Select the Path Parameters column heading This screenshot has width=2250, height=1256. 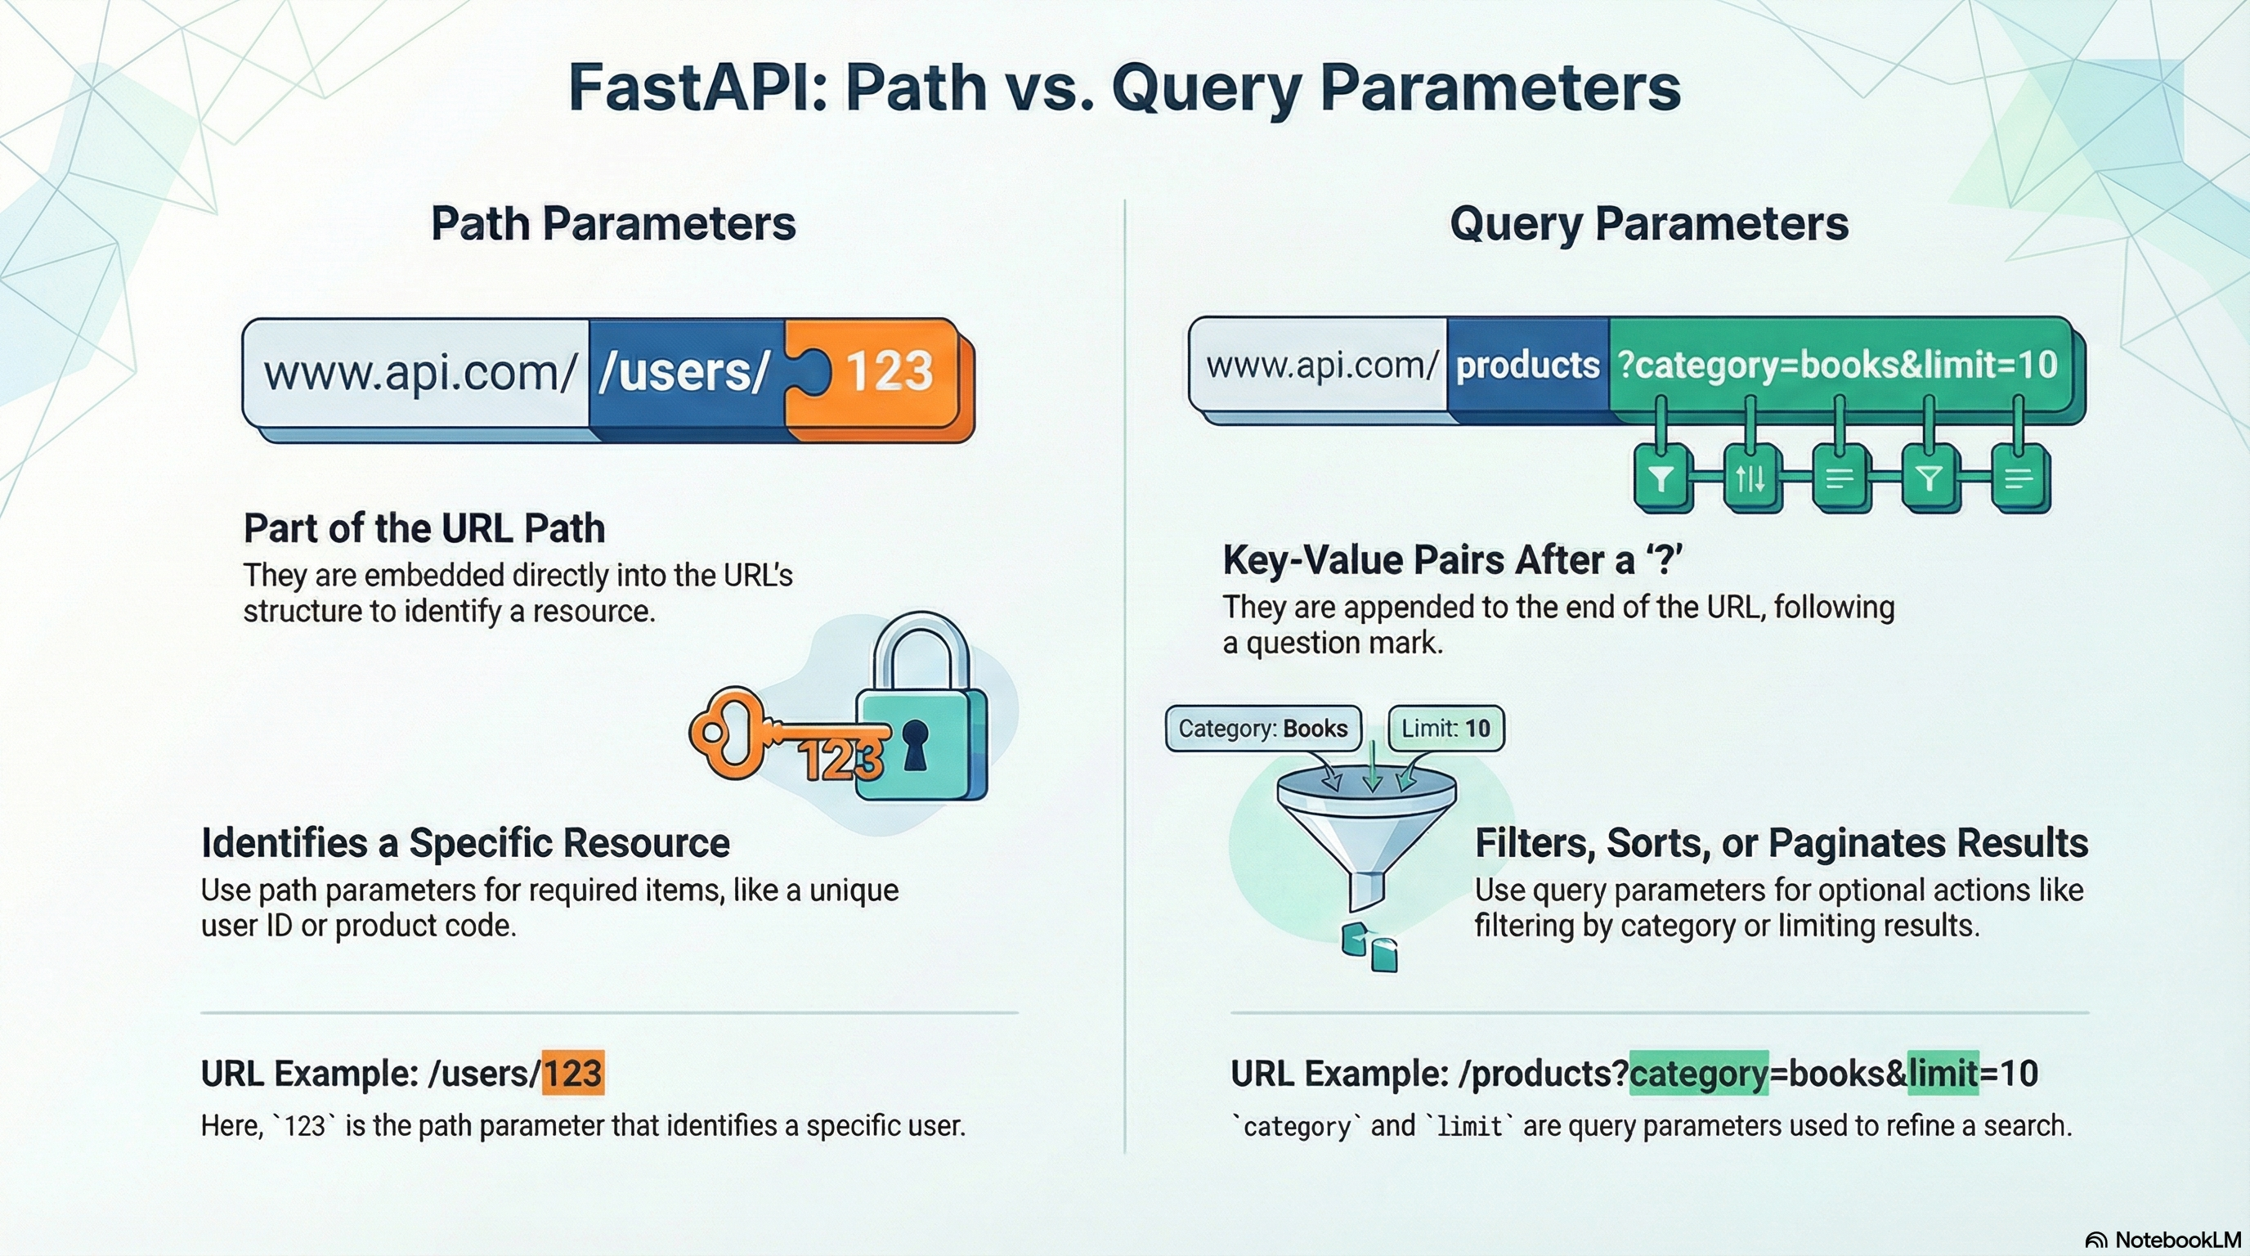(613, 223)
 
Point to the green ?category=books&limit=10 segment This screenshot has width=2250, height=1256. (1840, 364)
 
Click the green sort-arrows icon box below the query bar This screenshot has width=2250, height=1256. (1750, 478)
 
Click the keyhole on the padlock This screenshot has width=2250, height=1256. (915, 744)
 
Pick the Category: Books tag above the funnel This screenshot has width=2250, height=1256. (1263, 729)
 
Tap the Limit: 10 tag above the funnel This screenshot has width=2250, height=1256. (1446, 729)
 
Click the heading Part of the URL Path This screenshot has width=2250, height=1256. (424, 528)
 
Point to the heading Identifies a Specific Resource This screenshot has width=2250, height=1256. (465, 843)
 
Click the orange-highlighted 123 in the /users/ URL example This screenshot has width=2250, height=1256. (573, 1073)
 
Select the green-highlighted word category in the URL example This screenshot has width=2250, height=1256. (1699, 1074)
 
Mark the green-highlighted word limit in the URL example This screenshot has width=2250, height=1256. (1943, 1074)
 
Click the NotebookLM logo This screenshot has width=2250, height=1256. (2163, 1240)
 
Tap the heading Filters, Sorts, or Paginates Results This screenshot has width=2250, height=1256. (1782, 843)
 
